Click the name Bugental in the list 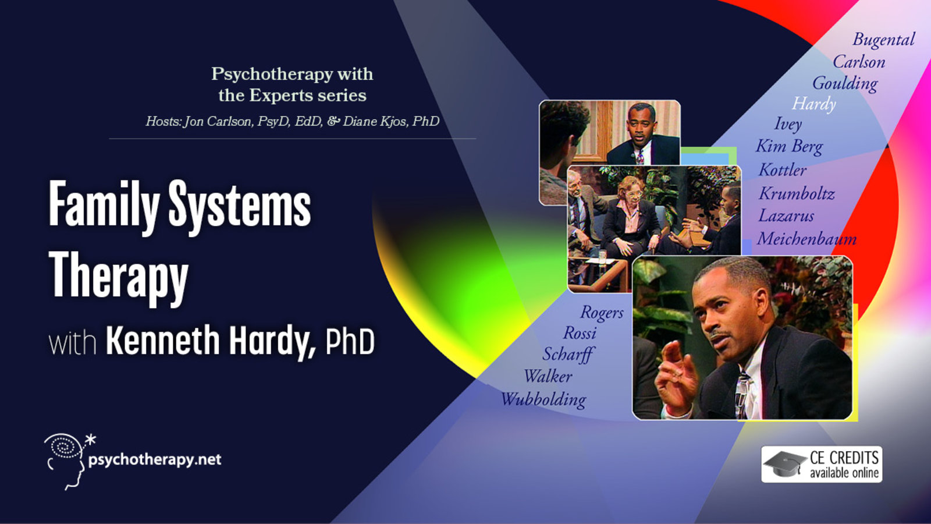[x=884, y=40]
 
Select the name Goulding [x=845, y=84]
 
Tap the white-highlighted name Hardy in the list [x=814, y=104]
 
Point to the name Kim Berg [x=789, y=146]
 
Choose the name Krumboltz [x=797, y=194]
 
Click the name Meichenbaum [x=806, y=239]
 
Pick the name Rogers [x=602, y=313]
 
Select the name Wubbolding [x=543, y=399]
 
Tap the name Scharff [x=568, y=355]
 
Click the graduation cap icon [x=784, y=464]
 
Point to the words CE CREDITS [x=844, y=458]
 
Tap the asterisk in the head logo [x=90, y=440]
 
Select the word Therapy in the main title [x=119, y=275]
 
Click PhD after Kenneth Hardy [x=350, y=342]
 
